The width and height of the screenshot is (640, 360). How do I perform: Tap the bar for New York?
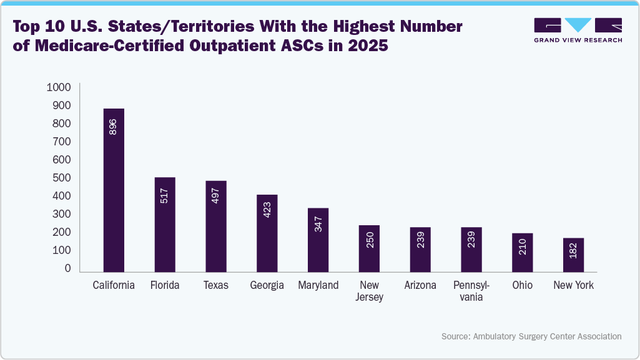573,255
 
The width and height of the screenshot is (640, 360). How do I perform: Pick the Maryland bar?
318,240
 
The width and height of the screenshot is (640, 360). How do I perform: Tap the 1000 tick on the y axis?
59,87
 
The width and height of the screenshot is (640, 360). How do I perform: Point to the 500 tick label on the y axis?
61,178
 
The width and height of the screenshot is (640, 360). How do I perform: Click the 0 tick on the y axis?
67,268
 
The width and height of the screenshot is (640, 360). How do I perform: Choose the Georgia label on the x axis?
267,285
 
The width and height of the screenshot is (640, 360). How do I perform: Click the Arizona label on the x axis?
420,285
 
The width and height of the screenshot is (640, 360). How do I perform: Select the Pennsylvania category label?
471,291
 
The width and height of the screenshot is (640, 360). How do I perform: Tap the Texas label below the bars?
216,285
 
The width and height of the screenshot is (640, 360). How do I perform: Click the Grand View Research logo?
578,30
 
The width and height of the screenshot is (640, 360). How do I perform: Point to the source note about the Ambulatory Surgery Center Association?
531,336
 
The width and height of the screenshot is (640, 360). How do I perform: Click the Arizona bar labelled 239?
420,250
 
